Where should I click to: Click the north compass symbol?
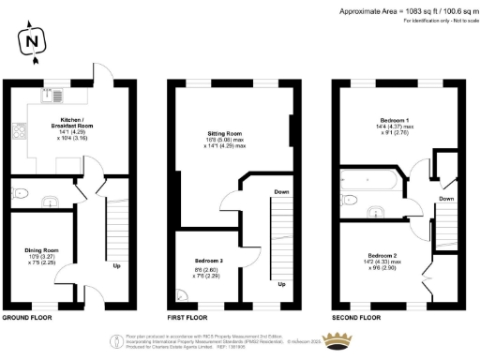(x=32, y=41)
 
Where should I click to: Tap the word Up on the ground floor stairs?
(x=116, y=265)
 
